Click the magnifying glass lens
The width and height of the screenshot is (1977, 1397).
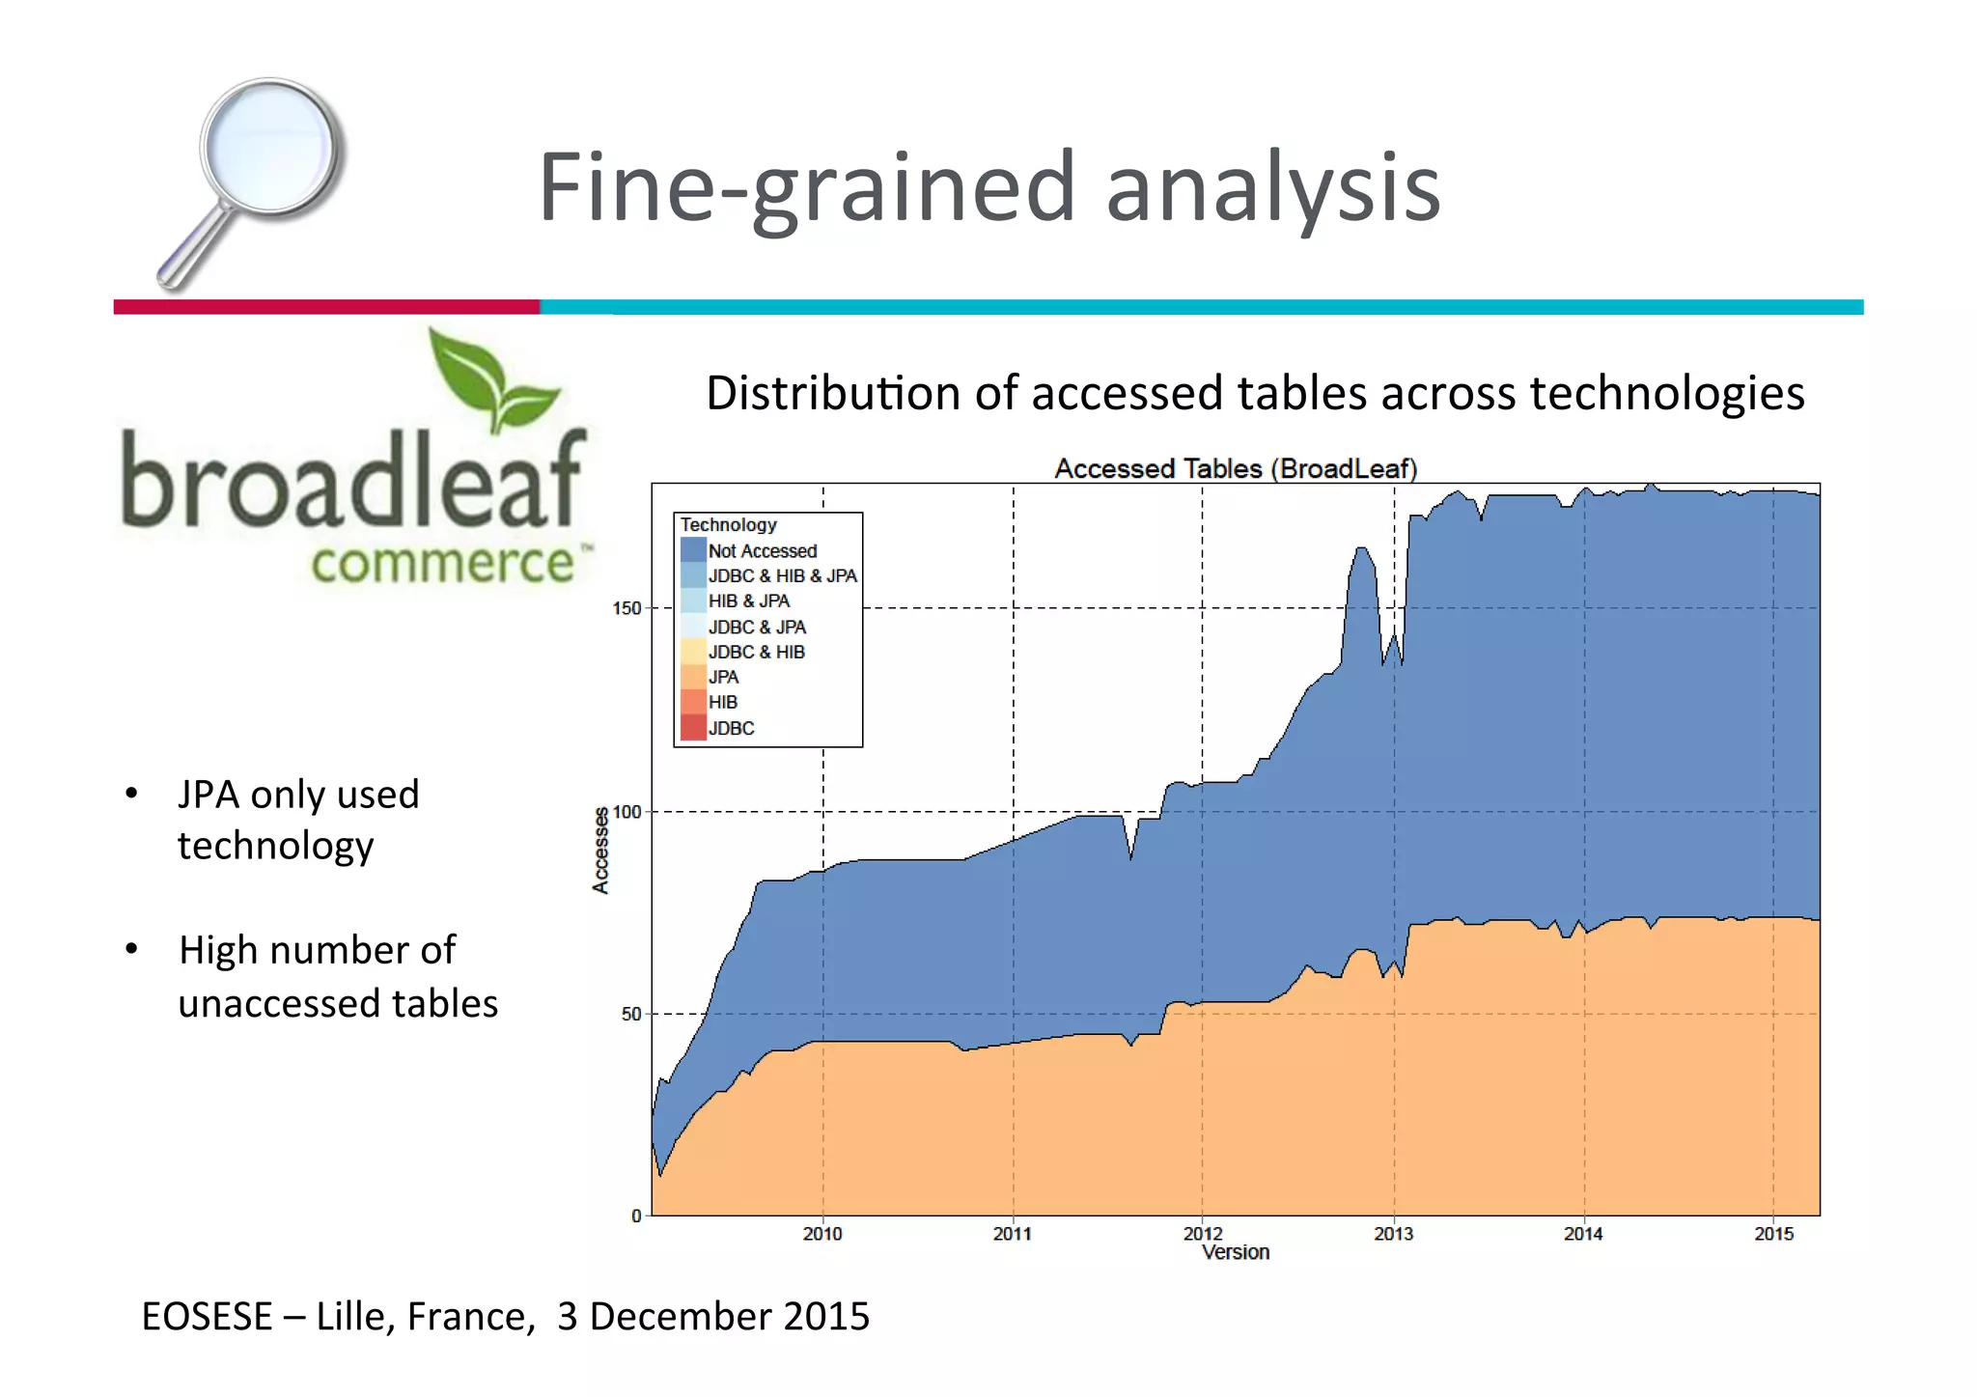269,149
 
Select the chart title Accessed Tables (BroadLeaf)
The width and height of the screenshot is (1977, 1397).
1235,469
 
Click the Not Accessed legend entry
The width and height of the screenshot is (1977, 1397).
762,550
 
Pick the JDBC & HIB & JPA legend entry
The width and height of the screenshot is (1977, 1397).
782,576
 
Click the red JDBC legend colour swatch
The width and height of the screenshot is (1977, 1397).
692,728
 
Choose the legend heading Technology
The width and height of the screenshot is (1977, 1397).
728,524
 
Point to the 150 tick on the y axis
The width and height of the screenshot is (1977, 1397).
627,608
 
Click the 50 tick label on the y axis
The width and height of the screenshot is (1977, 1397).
630,1014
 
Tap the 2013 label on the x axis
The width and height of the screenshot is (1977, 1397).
1393,1234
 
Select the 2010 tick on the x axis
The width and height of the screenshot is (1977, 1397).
822,1234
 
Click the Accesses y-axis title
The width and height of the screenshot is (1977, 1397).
600,850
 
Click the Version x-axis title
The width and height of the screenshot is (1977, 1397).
1235,1253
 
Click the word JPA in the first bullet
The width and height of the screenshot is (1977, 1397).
208,795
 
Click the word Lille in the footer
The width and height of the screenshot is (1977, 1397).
353,1317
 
